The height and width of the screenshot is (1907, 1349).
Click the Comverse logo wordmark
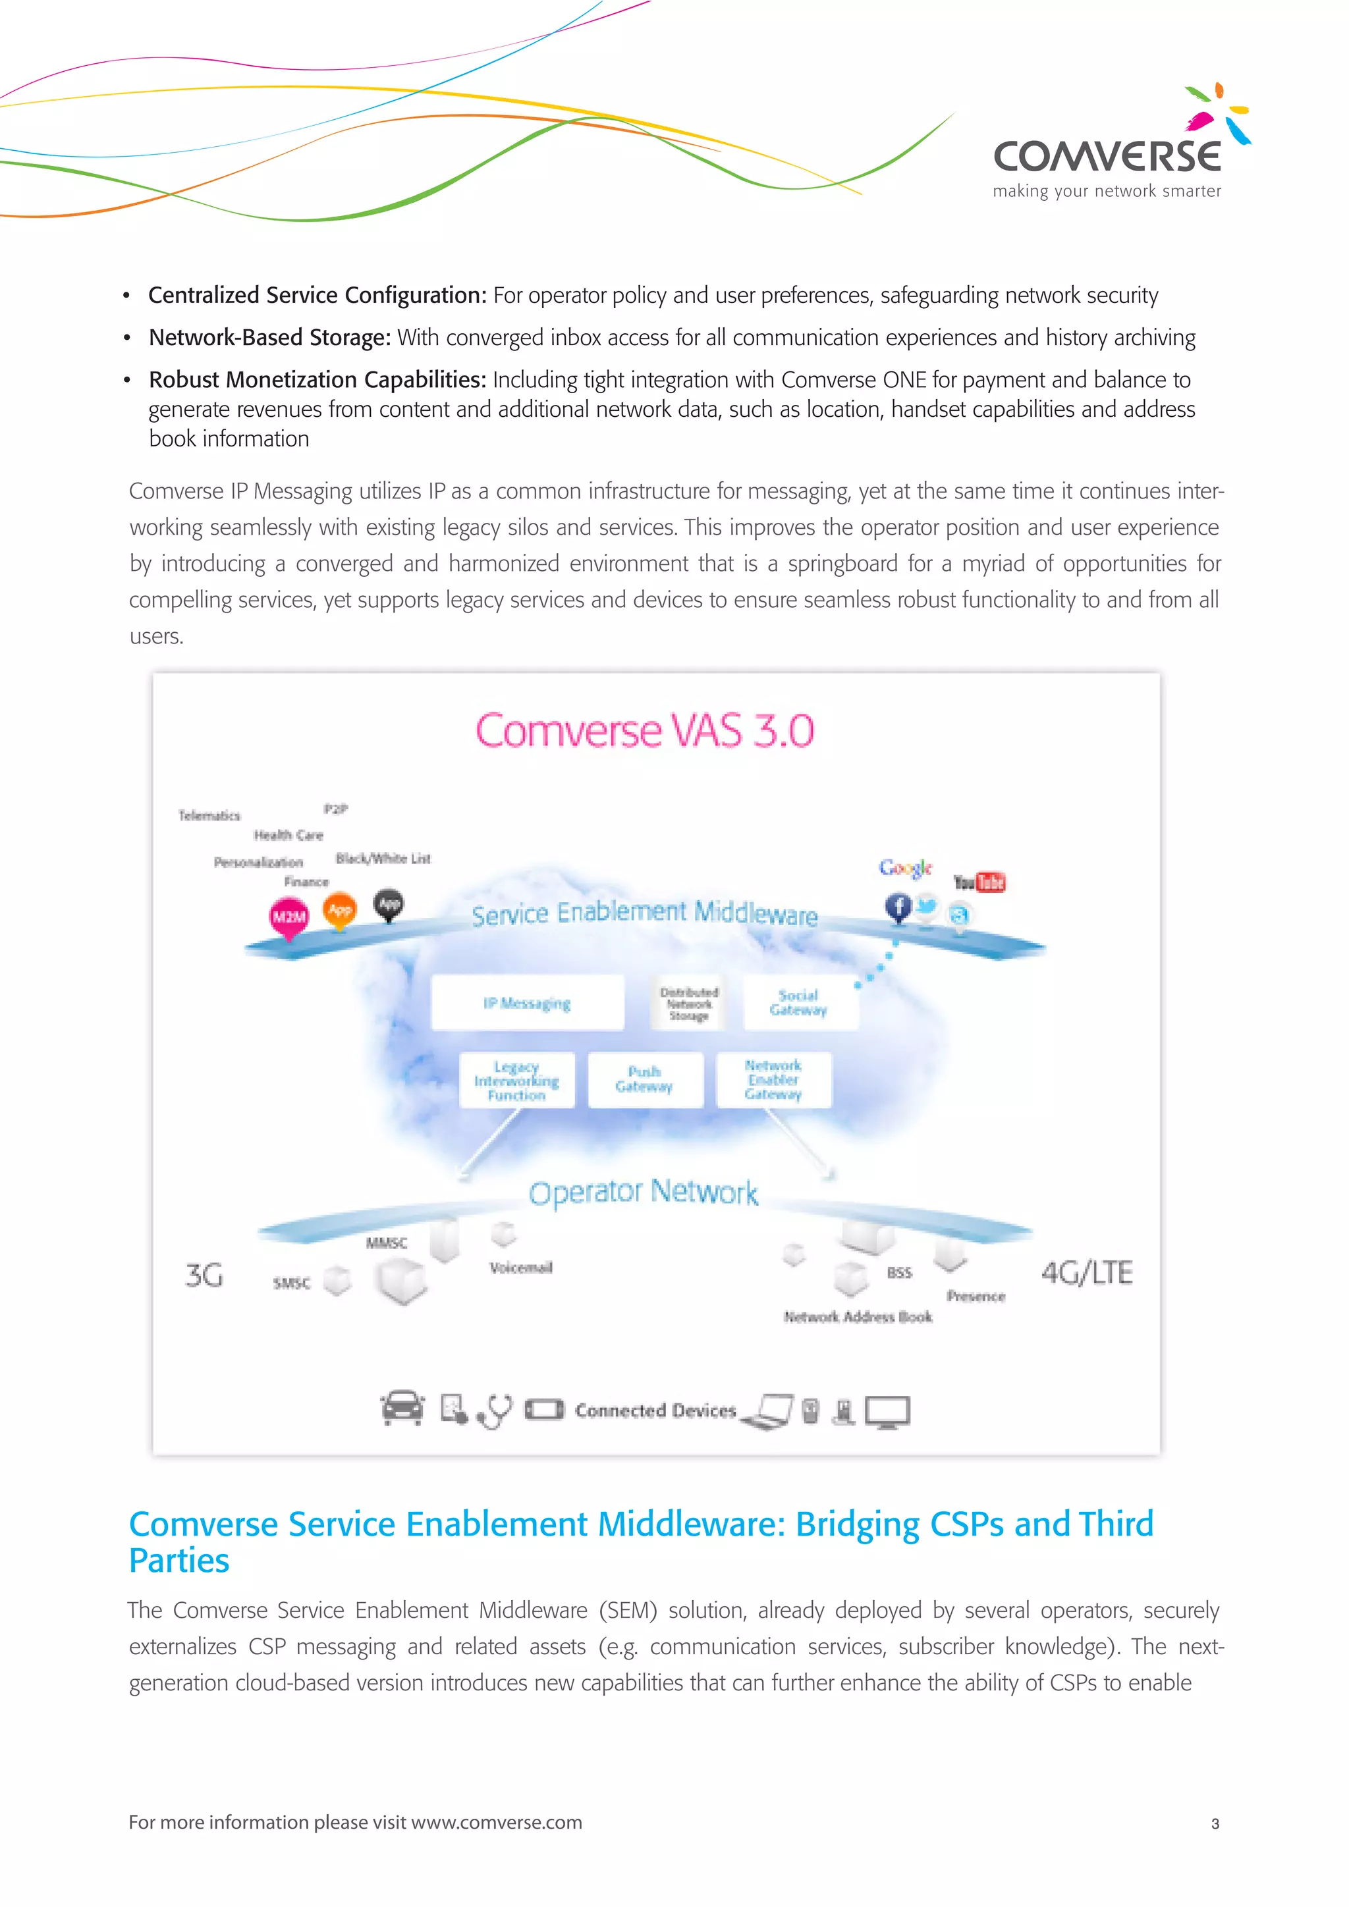1107,155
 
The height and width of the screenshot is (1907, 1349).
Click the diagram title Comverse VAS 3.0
645,731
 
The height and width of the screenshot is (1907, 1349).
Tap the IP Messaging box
528,1004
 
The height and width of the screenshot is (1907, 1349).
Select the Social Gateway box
798,1002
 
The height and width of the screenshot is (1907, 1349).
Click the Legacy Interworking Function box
516,1081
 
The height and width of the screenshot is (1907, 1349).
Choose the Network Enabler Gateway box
773,1080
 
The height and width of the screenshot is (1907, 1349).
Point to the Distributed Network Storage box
690,1004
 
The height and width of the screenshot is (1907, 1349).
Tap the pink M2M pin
289,917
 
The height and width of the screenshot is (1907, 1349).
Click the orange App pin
340,909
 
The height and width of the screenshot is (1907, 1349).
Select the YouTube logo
979,882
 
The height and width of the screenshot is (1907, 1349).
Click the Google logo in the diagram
906,868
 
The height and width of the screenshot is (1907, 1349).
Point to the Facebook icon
898,906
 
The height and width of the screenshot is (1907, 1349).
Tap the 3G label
204,1275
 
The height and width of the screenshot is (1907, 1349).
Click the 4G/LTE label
1086,1272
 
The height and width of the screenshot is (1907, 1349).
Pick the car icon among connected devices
402,1408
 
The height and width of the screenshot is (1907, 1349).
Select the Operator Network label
644,1192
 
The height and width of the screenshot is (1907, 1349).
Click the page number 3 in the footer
1215,1823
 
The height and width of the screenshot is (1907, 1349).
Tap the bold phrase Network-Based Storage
269,337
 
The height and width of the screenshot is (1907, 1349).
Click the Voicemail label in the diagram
521,1268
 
